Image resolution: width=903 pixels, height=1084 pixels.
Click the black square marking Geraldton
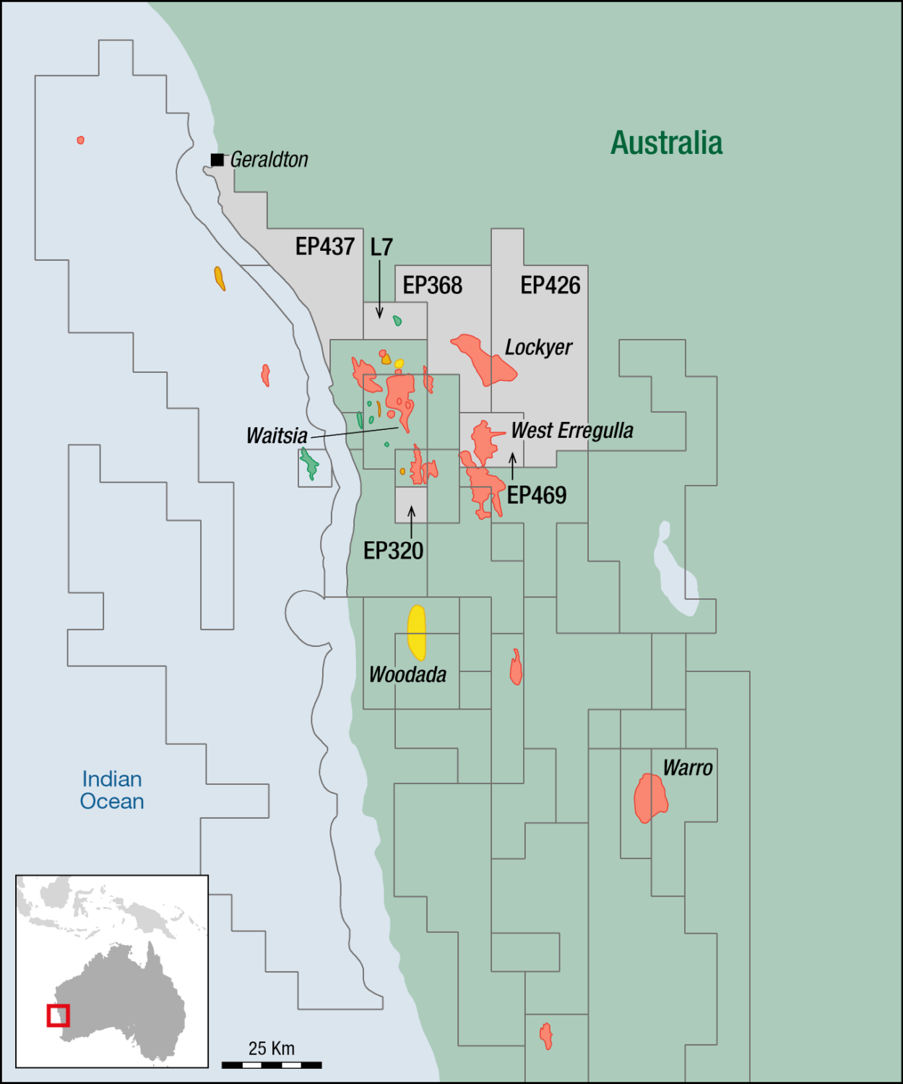217,160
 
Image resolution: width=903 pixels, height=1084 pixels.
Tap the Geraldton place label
269,160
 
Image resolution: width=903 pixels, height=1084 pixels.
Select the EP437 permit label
324,246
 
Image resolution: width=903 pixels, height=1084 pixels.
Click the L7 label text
381,247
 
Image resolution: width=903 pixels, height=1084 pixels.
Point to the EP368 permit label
432,285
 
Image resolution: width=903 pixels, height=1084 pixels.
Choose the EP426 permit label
550,285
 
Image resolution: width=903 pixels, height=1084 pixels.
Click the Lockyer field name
538,348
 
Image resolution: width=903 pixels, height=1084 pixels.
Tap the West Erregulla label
571,431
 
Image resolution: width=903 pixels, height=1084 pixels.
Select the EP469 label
537,496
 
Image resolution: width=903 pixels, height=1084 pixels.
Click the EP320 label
393,551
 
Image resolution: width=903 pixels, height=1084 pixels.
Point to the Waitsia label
277,436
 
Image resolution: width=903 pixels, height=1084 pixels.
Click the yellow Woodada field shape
417,632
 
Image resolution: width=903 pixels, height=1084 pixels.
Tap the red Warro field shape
650,798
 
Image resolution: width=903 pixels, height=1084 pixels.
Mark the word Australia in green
666,143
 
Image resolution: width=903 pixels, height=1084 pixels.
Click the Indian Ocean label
112,790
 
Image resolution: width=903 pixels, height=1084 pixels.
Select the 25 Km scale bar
272,1064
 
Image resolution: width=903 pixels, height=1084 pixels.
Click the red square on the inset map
58,1015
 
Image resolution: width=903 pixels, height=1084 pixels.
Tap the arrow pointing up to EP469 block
512,466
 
